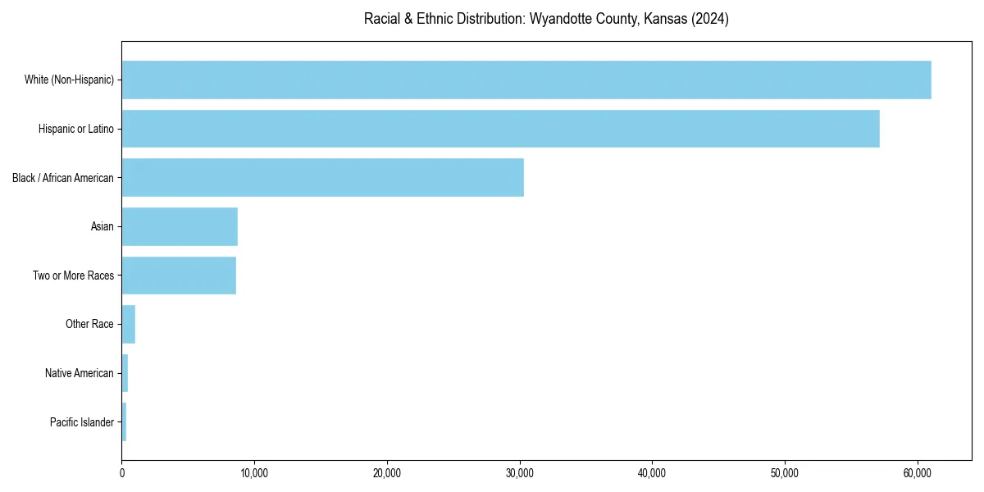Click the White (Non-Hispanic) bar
(x=526, y=80)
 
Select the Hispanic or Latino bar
(x=500, y=129)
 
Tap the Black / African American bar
(x=322, y=177)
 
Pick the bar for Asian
(x=180, y=226)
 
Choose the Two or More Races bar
(x=179, y=276)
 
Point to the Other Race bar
(x=129, y=324)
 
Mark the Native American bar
(x=125, y=373)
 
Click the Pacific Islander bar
(x=124, y=422)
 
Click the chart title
(x=546, y=19)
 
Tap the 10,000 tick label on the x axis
(x=254, y=473)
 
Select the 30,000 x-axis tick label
(x=520, y=473)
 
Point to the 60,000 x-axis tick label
(x=918, y=473)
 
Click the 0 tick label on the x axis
(x=122, y=473)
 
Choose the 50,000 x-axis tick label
(x=785, y=473)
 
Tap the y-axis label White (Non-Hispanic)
(x=69, y=80)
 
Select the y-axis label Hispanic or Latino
(x=76, y=129)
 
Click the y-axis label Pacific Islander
(x=82, y=422)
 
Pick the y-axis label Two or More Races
(x=74, y=276)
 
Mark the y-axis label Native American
(x=80, y=373)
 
